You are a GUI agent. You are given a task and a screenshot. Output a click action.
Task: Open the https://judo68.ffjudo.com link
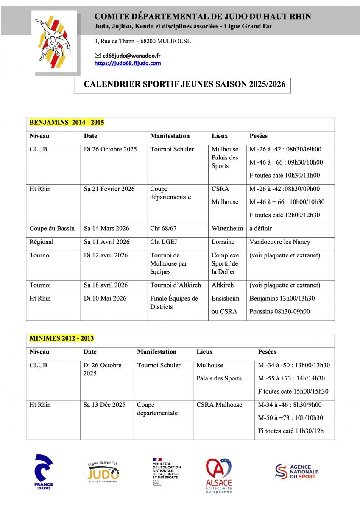pos(127,63)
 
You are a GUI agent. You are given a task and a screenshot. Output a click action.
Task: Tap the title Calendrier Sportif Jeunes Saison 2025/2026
pos(184,84)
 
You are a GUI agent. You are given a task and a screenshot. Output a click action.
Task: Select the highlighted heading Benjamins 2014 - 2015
pos(67,123)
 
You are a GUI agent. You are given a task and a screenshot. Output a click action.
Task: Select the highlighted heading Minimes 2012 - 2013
pos(61,338)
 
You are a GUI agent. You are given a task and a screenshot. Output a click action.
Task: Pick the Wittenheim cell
pos(227,229)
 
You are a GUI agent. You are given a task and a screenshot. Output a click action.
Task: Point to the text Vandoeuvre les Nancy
pos(280,242)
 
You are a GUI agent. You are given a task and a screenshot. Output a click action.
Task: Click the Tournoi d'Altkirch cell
pos(176,285)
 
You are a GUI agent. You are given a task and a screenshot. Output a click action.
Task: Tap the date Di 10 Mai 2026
pos(105,299)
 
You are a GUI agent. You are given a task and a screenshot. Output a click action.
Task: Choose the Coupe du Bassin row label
pos(52,229)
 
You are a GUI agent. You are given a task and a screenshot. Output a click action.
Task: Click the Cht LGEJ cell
pos(163,242)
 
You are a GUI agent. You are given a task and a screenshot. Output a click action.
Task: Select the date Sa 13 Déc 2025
pos(104,405)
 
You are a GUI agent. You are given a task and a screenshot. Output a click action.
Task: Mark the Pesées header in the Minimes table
pos(267,352)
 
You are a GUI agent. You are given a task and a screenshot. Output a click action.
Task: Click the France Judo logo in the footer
pos(44,472)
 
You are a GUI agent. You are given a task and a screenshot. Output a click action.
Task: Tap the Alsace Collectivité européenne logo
pos(219,475)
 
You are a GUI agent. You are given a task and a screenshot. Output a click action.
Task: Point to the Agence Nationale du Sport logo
pos(297,472)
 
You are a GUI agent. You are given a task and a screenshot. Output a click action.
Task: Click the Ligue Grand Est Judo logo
pos(103,472)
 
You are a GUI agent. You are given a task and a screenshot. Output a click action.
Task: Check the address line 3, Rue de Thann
pos(142,41)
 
